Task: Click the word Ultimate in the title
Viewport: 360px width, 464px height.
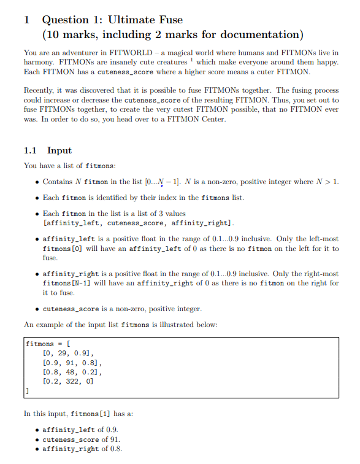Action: point(134,20)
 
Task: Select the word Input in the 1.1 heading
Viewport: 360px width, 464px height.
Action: point(59,150)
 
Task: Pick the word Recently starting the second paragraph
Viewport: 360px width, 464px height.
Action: point(40,90)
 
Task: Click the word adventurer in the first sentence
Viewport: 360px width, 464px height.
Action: point(77,54)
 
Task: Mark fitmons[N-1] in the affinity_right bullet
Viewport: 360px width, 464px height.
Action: point(69,283)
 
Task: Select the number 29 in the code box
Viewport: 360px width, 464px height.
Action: point(60,353)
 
